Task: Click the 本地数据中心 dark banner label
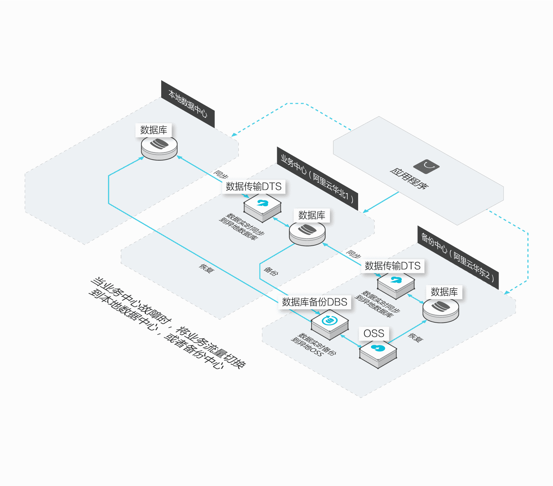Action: point(188,104)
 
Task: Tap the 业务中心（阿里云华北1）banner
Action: point(318,178)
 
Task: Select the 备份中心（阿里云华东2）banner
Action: point(458,257)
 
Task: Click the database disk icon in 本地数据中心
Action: point(159,147)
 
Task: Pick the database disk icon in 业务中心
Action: point(307,233)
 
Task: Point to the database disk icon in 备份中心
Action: point(441,310)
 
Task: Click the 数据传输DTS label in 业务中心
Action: point(254,187)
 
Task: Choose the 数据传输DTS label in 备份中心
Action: point(392,266)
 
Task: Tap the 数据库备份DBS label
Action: point(315,302)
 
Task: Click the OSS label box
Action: point(374,334)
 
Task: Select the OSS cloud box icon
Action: point(378,354)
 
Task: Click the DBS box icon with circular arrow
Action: point(330,325)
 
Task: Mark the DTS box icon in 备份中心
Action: point(396,285)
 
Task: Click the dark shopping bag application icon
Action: point(426,166)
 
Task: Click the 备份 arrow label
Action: point(271,271)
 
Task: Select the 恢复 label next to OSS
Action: point(416,338)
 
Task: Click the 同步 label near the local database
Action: point(221,175)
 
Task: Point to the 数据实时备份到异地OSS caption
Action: point(313,345)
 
